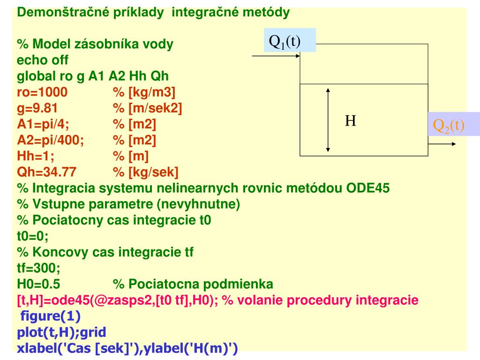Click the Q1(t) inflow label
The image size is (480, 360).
284,41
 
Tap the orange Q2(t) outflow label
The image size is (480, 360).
448,125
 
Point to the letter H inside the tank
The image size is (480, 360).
351,121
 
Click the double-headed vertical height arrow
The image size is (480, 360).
329,120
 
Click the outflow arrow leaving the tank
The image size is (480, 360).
442,144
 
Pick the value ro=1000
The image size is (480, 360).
42,92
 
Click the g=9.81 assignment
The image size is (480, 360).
37,108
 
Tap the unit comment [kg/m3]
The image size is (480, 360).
144,92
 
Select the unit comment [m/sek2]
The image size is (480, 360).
147,108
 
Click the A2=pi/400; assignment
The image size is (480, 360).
51,140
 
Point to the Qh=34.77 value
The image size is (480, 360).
46,172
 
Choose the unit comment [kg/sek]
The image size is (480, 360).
145,172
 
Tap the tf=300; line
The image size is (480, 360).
38,268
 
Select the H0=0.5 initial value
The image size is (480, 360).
38,284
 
